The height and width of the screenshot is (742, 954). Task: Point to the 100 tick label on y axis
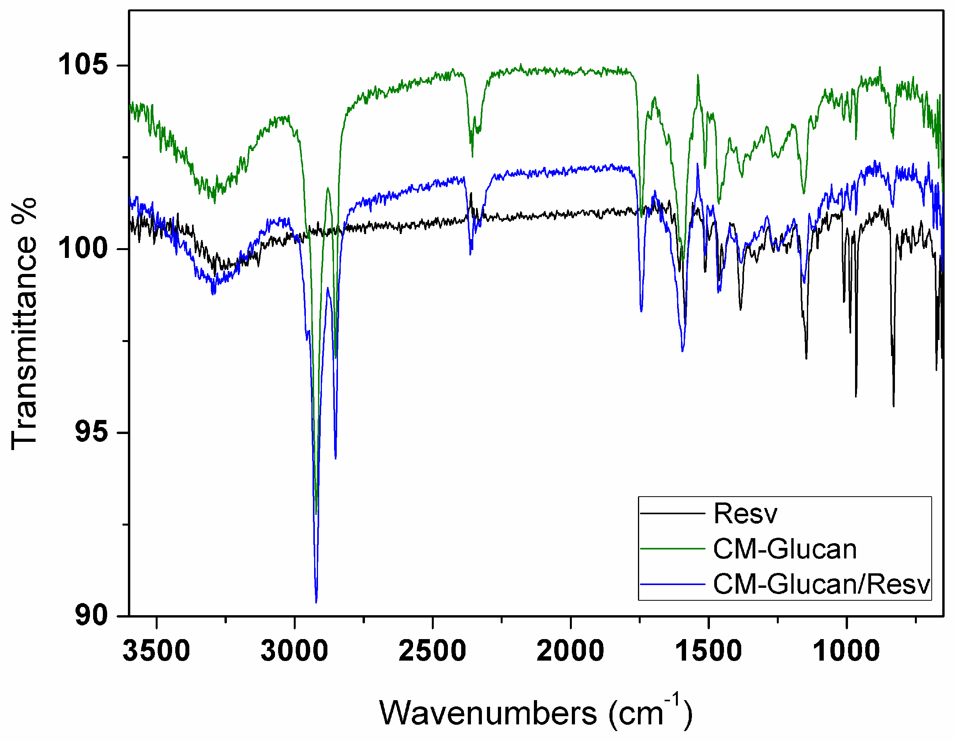point(83,249)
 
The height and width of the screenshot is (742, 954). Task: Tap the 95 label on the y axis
point(91,432)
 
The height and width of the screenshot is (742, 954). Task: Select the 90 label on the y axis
point(91,616)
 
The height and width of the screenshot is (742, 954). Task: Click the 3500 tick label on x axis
point(156,651)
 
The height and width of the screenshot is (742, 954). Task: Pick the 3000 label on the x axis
point(295,651)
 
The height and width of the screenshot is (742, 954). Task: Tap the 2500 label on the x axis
point(433,651)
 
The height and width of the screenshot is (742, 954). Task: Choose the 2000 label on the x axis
point(570,651)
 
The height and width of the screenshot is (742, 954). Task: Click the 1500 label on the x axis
point(708,651)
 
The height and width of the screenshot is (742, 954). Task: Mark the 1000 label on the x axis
point(846,651)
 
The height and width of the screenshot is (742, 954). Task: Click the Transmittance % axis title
point(24,323)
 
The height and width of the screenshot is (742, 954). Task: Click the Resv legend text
point(745,513)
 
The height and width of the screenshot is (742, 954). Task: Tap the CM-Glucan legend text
point(785,549)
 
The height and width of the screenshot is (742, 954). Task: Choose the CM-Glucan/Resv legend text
point(822,584)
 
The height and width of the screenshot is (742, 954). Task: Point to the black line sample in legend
point(672,513)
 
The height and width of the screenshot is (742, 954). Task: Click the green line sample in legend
point(672,549)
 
